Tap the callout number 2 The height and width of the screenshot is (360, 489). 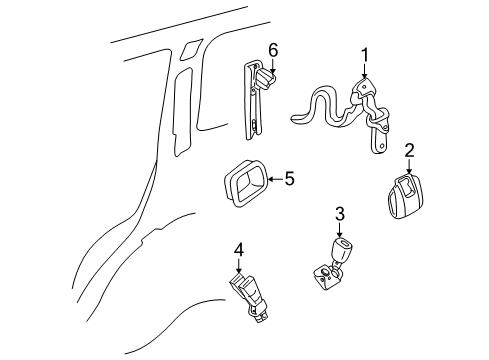[409, 151]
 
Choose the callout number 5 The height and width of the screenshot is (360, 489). [289, 179]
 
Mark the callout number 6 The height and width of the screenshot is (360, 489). [272, 48]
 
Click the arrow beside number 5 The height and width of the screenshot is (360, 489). [272, 179]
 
